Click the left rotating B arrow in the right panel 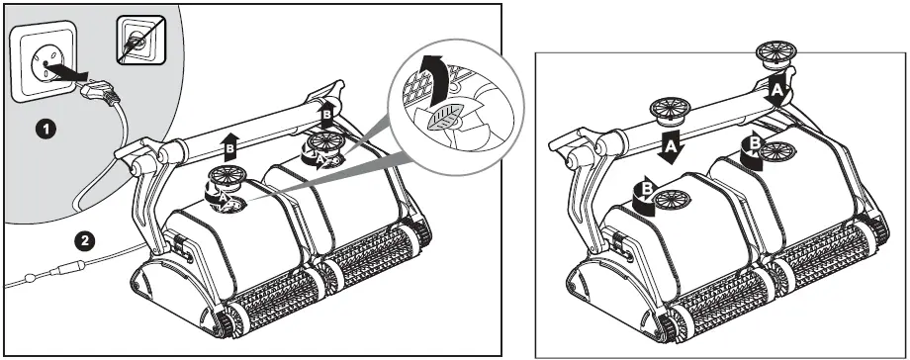pyautogui.click(x=645, y=192)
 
